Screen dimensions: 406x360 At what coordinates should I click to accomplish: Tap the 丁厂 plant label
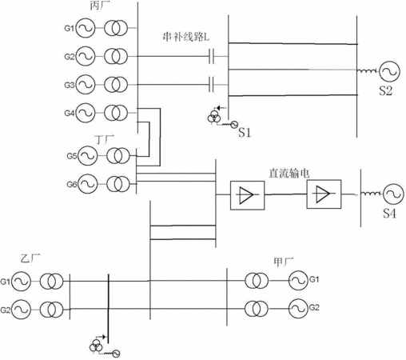pyautogui.click(x=105, y=139)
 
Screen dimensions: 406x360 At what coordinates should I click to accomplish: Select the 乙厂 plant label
pyautogui.click(x=30, y=258)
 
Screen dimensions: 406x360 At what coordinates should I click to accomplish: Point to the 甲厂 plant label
pyautogui.click(x=284, y=262)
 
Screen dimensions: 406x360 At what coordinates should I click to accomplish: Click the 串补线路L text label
pyautogui.click(x=186, y=37)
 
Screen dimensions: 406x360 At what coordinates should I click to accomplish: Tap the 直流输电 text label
pyautogui.click(x=289, y=174)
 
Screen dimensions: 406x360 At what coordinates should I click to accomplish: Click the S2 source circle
pyautogui.click(x=390, y=71)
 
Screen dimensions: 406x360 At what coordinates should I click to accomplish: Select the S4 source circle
pyautogui.click(x=393, y=194)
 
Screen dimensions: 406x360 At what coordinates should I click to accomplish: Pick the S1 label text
pyautogui.click(x=245, y=132)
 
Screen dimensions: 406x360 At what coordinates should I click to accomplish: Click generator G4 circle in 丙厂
pyautogui.click(x=86, y=113)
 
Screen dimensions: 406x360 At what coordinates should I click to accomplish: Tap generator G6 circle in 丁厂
pyautogui.click(x=88, y=184)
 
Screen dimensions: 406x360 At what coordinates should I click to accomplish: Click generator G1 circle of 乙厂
pyautogui.click(x=21, y=282)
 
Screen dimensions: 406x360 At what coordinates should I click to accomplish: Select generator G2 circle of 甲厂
pyautogui.click(x=299, y=309)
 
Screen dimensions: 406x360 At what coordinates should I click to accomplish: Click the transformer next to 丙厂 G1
pyautogui.click(x=116, y=28)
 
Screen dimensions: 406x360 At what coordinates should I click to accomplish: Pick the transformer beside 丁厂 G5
pyautogui.click(x=118, y=155)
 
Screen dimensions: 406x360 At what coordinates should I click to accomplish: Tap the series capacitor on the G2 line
pyautogui.click(x=211, y=56)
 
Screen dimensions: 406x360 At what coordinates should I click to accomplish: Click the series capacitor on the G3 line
pyautogui.click(x=211, y=85)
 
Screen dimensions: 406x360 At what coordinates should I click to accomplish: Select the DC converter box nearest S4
pyautogui.click(x=324, y=194)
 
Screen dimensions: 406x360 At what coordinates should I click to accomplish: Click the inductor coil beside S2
pyautogui.click(x=367, y=71)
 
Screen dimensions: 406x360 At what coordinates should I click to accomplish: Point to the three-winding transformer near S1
pyautogui.click(x=214, y=116)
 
